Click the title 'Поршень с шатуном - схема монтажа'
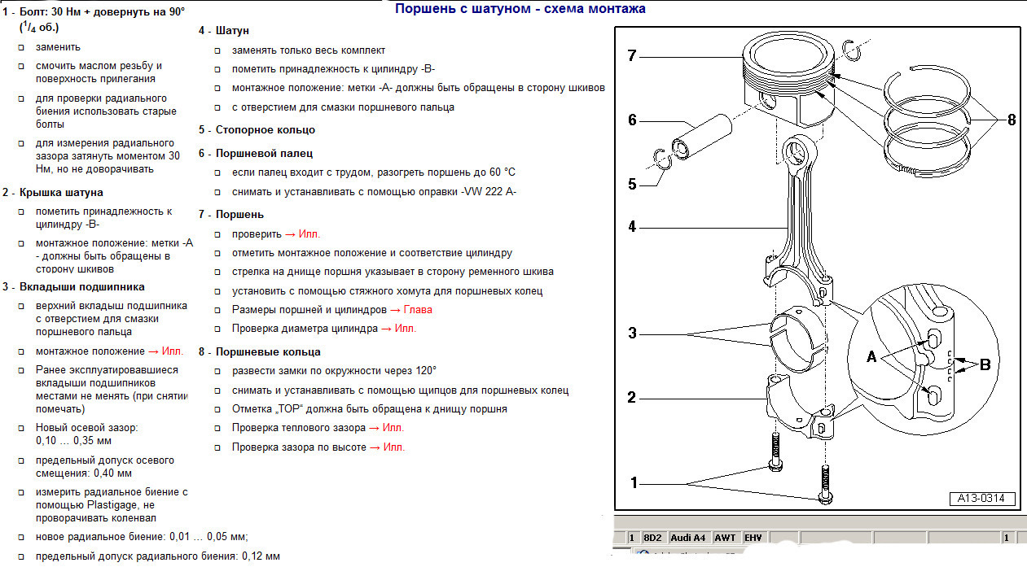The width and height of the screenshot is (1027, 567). [520, 9]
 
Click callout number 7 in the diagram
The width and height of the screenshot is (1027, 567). [632, 56]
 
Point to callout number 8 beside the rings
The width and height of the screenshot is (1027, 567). [1012, 120]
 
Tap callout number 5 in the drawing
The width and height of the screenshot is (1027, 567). [632, 184]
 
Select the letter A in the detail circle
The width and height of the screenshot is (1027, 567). [871, 356]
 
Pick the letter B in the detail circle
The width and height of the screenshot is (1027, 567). [985, 364]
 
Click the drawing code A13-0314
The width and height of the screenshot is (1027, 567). [981, 499]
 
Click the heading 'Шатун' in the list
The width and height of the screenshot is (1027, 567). [232, 31]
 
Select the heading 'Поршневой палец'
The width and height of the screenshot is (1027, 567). [264, 154]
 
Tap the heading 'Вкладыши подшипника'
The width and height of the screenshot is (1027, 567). [82, 286]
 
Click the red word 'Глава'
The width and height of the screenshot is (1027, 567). [418, 310]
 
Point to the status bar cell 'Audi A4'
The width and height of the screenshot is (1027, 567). [687, 538]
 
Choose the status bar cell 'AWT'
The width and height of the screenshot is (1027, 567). [725, 538]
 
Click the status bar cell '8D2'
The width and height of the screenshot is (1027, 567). [652, 538]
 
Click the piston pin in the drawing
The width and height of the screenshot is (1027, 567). [701, 137]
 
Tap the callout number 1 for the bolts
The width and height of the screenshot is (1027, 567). [634, 482]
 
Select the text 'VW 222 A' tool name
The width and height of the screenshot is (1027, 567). [489, 191]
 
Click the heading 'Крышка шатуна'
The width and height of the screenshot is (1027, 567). [61, 192]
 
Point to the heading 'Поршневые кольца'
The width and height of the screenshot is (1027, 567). [268, 351]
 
